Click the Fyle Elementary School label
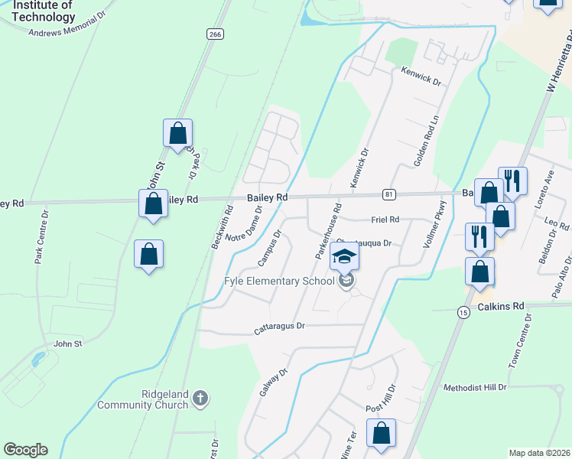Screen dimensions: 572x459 pos(278,281)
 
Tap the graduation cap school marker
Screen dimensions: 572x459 pos(345,259)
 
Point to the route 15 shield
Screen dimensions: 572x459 pos(463,312)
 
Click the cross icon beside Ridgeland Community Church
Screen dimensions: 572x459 pos(200,399)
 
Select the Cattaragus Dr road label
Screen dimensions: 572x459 pos(280,327)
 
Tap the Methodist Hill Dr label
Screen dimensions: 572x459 pos(475,388)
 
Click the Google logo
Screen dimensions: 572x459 pos(25,450)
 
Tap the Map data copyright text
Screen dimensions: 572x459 pos(539,453)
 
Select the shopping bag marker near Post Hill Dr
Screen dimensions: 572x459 pos(381,434)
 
